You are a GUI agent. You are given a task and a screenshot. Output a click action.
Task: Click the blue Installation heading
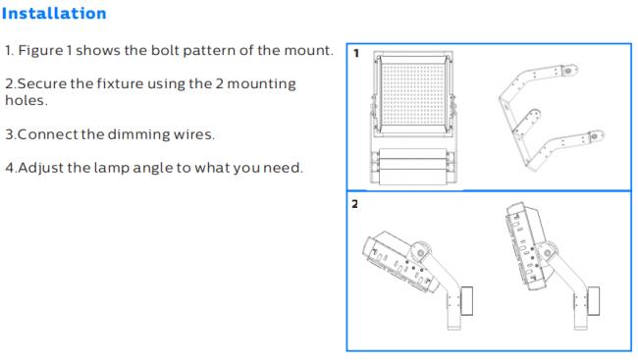tap(54, 14)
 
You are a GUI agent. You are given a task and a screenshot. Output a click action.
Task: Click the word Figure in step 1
tap(40, 50)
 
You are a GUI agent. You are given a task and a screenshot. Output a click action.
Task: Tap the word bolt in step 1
tap(165, 50)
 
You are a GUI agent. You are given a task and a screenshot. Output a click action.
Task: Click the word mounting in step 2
tap(261, 84)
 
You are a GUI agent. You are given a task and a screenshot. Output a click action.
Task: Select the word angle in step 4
tap(152, 168)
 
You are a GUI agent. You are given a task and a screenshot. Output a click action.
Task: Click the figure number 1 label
tap(356, 54)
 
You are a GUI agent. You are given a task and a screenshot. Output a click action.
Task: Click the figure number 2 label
tap(354, 204)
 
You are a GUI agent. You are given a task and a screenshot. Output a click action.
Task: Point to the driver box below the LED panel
tap(412, 166)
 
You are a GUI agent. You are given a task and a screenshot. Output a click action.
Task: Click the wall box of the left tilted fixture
tap(466, 300)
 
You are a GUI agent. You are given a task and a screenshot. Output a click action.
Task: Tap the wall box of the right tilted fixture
tap(594, 300)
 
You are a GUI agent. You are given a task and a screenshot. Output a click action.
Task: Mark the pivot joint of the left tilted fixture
tap(421, 252)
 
